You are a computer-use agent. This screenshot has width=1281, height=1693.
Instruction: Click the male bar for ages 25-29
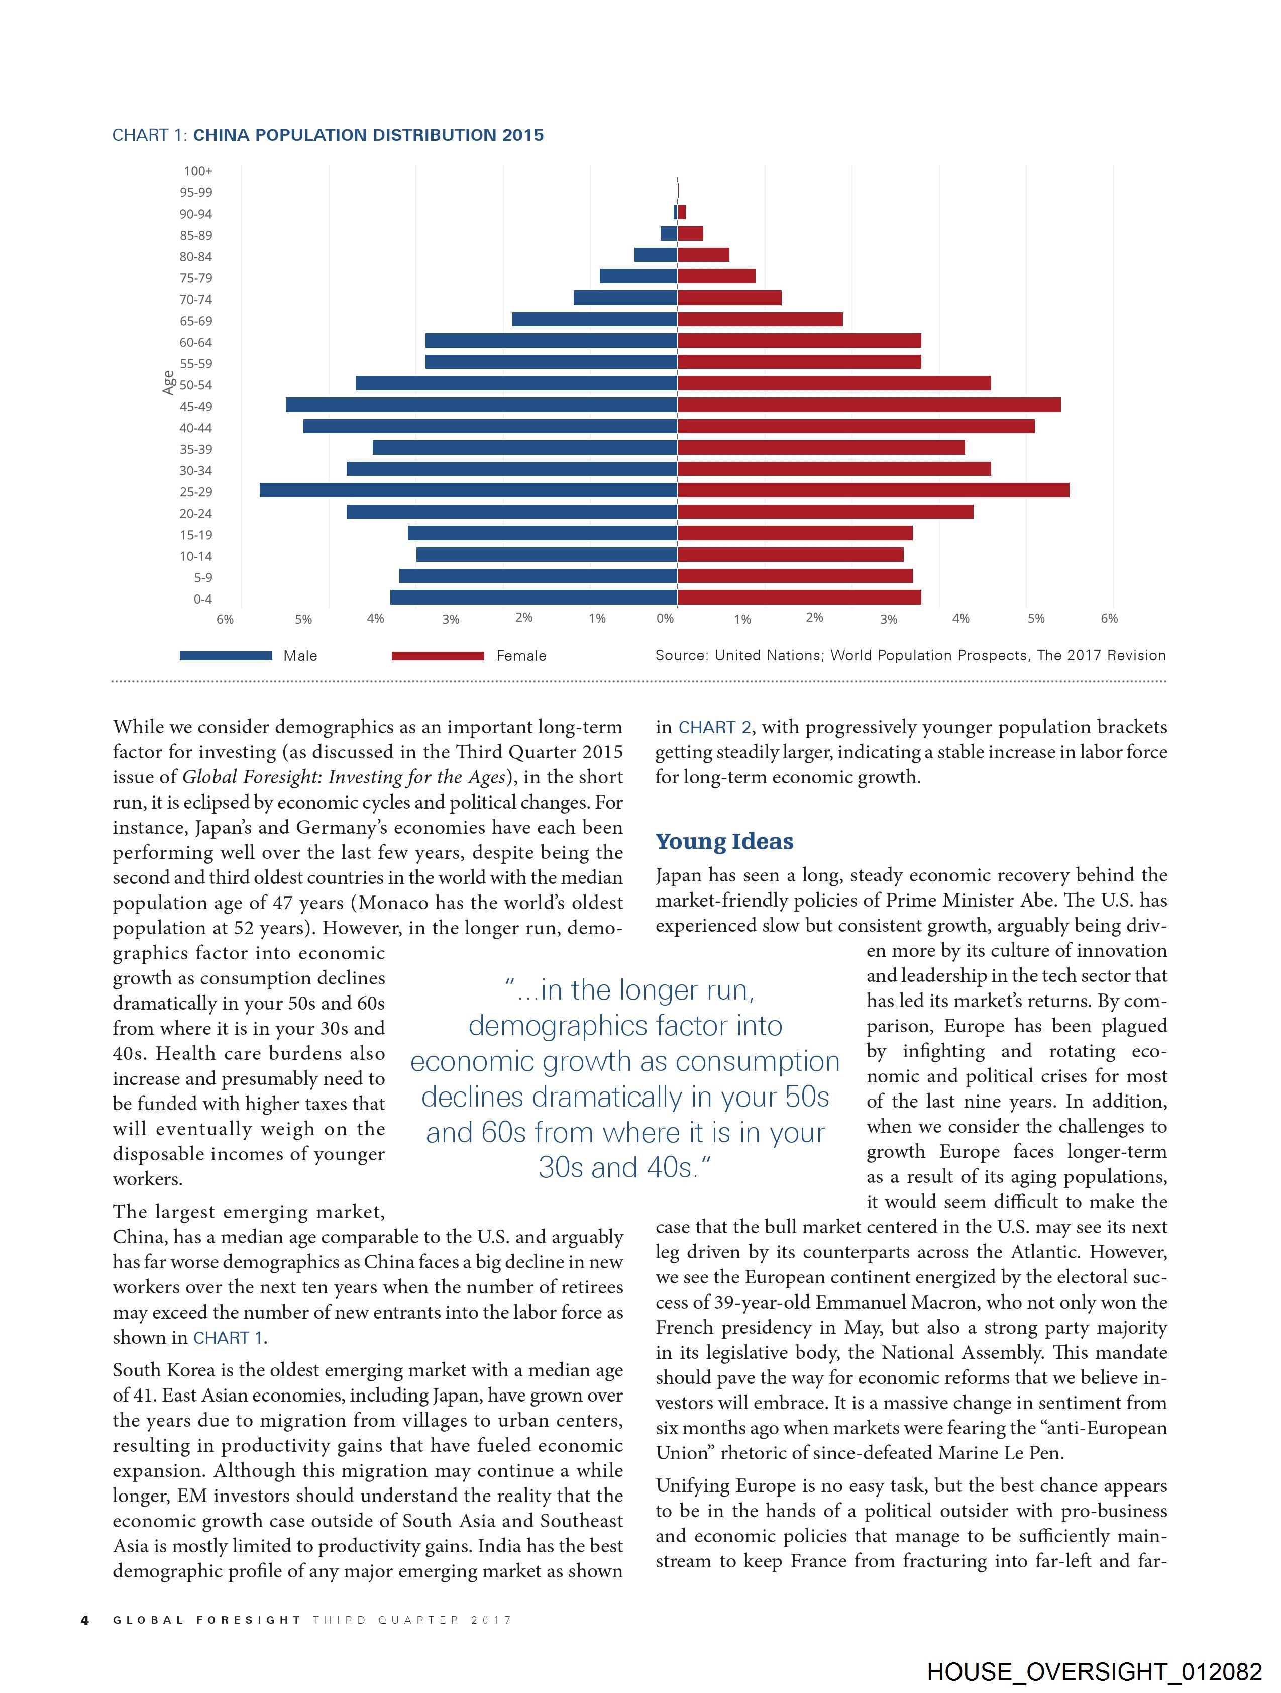468,490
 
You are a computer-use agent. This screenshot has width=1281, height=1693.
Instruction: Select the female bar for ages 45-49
869,405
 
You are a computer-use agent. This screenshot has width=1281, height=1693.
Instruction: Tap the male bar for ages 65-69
595,319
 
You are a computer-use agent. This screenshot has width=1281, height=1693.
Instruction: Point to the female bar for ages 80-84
703,255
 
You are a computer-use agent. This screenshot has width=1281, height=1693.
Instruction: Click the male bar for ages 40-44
490,426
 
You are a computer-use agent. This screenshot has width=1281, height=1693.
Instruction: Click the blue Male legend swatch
226,656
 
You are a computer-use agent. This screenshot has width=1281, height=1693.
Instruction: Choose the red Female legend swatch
438,656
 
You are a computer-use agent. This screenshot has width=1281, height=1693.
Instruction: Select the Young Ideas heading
724,841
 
